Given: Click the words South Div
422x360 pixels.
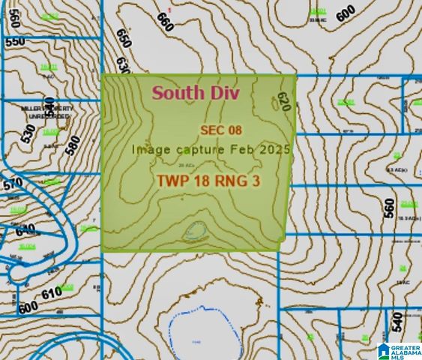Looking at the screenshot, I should click(195, 94).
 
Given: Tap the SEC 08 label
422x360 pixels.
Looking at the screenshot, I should click(220, 130).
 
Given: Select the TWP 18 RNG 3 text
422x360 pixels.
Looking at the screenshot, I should click(207, 181).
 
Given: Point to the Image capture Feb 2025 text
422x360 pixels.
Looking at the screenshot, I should click(211, 148).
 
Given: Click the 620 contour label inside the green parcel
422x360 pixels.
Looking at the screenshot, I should click(283, 101).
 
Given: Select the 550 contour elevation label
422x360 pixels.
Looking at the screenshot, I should click(15, 43).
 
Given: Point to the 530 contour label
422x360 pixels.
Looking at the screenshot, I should click(28, 134).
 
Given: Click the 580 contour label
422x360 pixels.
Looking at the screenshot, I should click(73, 143).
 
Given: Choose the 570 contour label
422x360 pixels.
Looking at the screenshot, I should click(13, 184).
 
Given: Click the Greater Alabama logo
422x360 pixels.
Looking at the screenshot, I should click(398, 350).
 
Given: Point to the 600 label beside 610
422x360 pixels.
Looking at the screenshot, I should click(28, 307).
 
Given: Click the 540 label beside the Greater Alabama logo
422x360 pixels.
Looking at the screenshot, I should click(397, 323).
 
